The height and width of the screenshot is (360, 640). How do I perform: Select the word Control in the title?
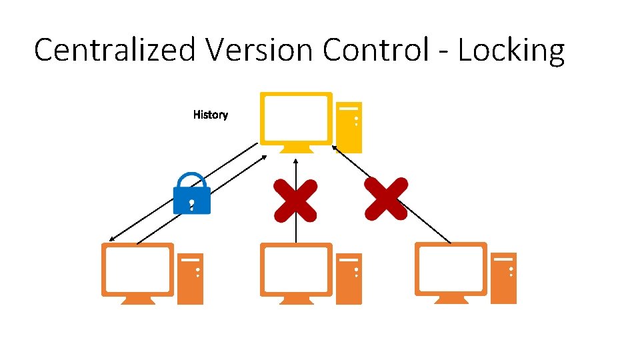pos(376,50)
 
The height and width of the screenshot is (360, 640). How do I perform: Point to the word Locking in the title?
pos(511,51)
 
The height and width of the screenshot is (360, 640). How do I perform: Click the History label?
pos(210,115)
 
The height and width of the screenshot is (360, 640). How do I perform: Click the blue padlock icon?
pos(191,195)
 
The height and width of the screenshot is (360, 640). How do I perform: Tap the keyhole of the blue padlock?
pos(191,201)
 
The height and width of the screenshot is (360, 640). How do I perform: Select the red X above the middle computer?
pos(295,199)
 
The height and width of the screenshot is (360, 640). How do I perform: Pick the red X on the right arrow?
pos(386,199)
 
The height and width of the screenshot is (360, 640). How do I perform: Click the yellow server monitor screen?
pos(295,117)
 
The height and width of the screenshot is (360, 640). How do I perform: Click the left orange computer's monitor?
pos(137,269)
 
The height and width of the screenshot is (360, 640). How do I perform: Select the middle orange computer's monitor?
pos(295,269)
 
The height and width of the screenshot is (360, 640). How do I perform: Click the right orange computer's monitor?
pos(451,268)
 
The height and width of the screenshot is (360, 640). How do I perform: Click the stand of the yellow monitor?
pos(295,149)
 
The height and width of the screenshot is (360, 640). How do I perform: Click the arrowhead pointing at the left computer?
pos(112,239)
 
